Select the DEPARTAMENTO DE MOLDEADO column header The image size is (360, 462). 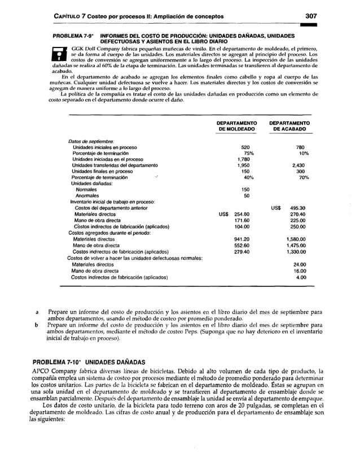237,125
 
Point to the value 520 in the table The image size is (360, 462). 245,147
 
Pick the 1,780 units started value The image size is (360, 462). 243,159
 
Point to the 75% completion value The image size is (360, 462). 247,153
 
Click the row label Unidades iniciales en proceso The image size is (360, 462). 104,147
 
